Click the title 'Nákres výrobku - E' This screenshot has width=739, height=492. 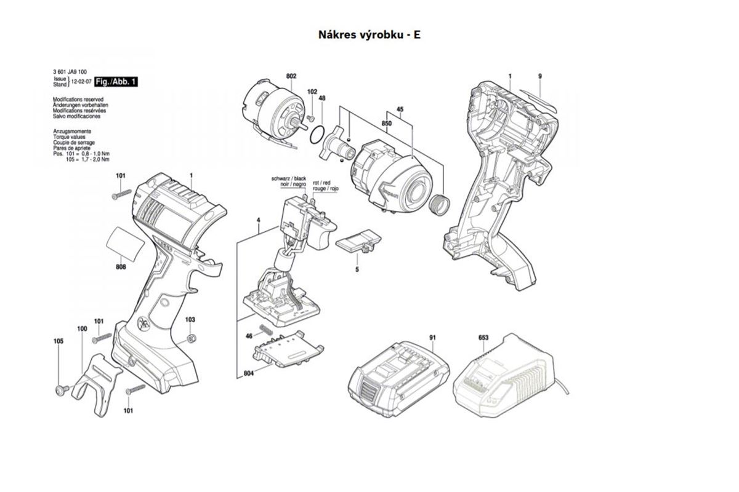coord(369,34)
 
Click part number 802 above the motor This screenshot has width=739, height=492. coord(291,76)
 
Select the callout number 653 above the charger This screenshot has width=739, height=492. coord(483,338)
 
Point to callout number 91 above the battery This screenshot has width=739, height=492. coord(433,338)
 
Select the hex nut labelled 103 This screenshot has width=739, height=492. coord(191,338)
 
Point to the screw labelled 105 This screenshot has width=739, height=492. coord(62,389)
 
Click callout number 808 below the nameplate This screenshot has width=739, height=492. coord(121,266)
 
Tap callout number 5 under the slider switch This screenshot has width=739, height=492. coord(357,269)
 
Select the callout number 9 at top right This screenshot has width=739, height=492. coord(539,76)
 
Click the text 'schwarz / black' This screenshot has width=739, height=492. coord(289,178)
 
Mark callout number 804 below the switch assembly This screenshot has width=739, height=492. coord(249,373)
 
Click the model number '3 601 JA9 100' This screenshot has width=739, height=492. coord(70,72)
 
